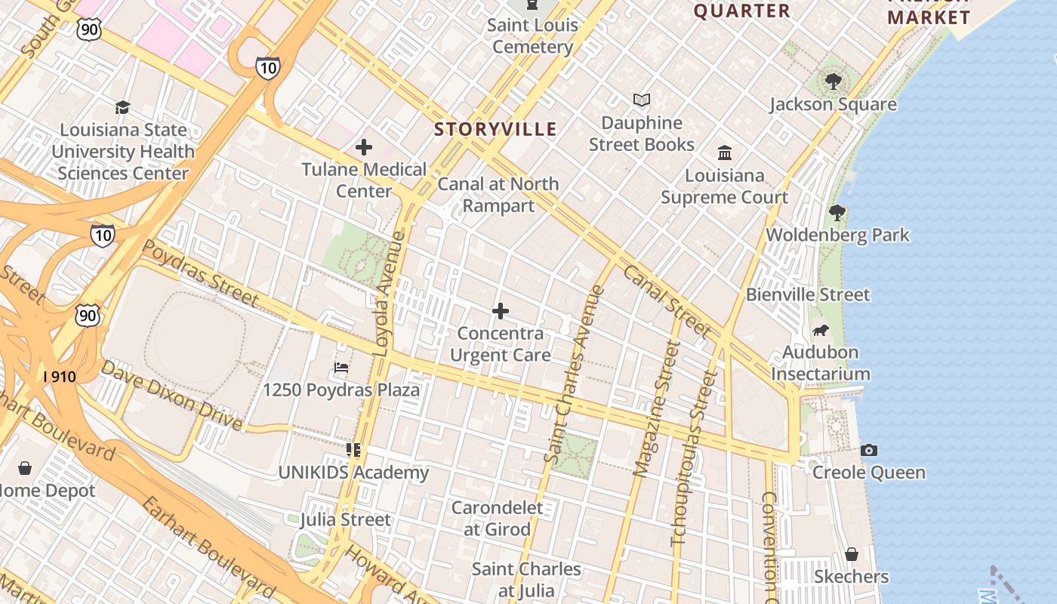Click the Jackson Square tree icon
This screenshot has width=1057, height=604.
(x=834, y=81)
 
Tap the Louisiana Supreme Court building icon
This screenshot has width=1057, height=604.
(x=725, y=153)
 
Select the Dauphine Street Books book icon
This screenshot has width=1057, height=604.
(x=642, y=100)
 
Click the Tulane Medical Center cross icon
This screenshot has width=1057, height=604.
(x=364, y=146)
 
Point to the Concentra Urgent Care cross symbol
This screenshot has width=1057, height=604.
(x=500, y=311)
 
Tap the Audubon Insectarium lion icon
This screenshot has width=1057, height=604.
(x=821, y=330)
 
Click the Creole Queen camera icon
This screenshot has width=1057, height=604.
(x=869, y=450)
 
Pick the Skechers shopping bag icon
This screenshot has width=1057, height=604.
(x=852, y=554)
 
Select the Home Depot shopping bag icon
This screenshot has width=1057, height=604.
(x=25, y=468)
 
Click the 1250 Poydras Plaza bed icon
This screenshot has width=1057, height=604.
(x=341, y=368)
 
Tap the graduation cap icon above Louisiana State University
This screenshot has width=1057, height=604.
(x=122, y=107)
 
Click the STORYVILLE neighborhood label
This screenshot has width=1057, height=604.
(x=495, y=129)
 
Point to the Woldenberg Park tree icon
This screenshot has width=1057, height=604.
(x=837, y=213)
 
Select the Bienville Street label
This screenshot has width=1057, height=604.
(x=808, y=294)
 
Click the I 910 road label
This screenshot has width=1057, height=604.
(x=59, y=376)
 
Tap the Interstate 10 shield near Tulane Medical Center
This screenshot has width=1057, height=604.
(x=267, y=67)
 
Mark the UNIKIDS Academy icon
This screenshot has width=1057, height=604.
(x=353, y=450)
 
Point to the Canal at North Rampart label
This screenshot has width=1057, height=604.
(x=498, y=195)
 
